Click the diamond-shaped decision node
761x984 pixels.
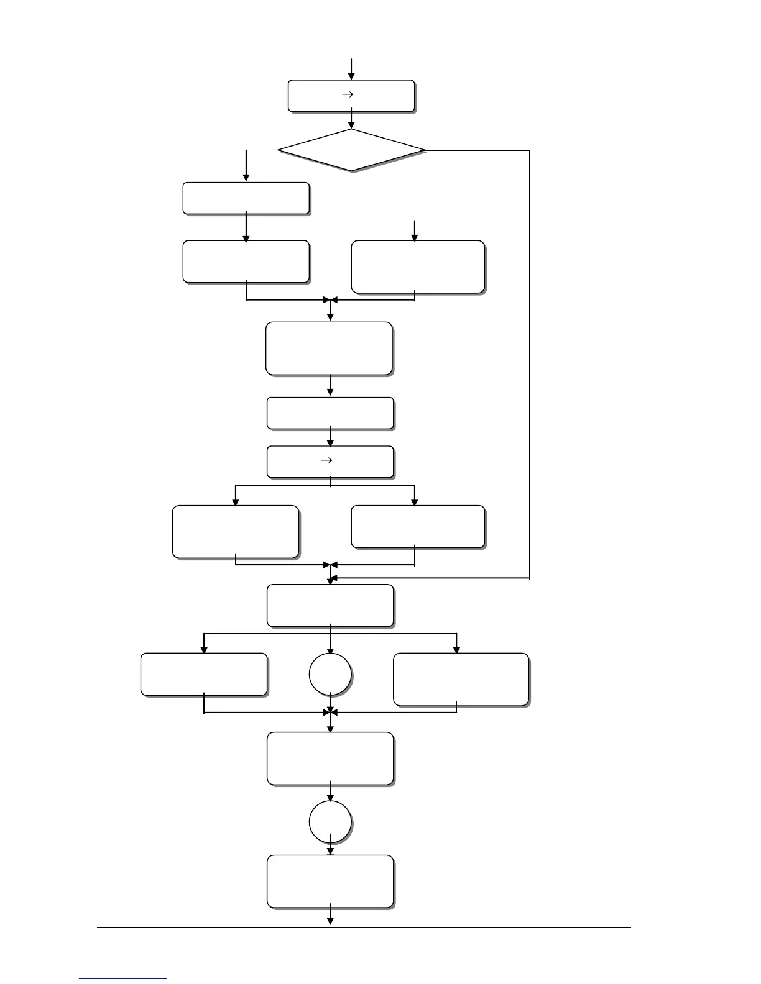[x=351, y=150]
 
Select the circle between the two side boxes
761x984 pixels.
[x=330, y=674]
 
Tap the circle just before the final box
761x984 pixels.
[x=330, y=822]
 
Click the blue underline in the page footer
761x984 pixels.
[x=123, y=978]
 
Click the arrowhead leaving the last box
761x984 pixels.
[x=330, y=921]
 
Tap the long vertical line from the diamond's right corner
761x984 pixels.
[x=530, y=363]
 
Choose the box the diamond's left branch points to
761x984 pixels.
[x=246, y=198]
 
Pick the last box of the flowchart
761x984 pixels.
[x=330, y=881]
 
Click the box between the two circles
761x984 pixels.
[x=330, y=758]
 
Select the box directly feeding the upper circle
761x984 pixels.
[x=330, y=605]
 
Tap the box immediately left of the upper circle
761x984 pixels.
[x=204, y=673]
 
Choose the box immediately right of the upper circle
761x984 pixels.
[x=461, y=679]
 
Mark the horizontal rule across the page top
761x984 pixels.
[x=362, y=53]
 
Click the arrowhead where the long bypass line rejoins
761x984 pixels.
[x=334, y=578]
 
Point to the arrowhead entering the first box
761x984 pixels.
[x=351, y=76]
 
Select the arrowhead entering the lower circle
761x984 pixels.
[x=330, y=797]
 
